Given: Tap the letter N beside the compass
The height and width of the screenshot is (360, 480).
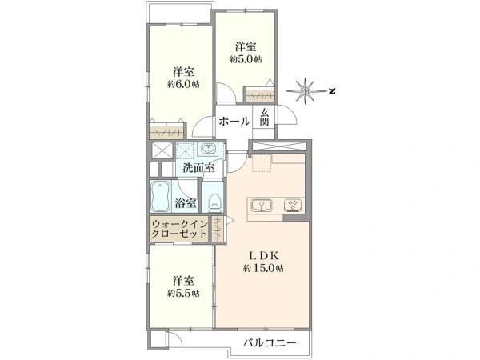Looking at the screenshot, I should pos(331,90).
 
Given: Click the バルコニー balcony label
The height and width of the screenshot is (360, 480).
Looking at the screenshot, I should pos(272,343).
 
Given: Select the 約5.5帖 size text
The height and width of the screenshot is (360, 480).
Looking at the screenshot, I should pos(184,294).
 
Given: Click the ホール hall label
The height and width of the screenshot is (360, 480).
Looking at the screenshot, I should pos(234,122).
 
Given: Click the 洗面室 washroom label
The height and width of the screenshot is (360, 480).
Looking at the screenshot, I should pos(197,169).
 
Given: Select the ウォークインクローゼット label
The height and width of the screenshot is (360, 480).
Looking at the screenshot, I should pos(179,231).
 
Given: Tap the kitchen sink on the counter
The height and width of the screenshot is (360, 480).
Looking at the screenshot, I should pos(262,206).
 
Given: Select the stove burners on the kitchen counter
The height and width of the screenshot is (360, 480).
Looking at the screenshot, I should pos(293,206).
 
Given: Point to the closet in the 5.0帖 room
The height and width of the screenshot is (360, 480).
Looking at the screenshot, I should pos(261,94).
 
